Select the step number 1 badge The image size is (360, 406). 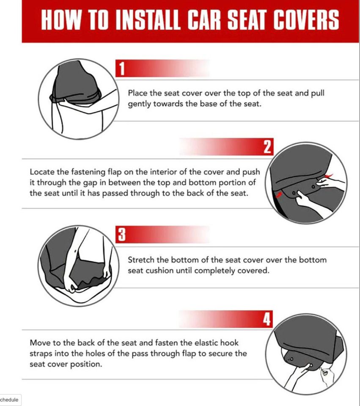(121, 69)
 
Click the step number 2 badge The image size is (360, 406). (267, 147)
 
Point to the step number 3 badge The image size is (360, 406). (121, 235)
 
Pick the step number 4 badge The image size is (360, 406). (267, 319)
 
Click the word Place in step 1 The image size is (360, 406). (137, 93)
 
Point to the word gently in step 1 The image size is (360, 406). (139, 104)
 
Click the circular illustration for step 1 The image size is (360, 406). (79, 99)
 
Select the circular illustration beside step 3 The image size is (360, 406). (79, 266)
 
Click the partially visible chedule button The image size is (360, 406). (10, 400)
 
